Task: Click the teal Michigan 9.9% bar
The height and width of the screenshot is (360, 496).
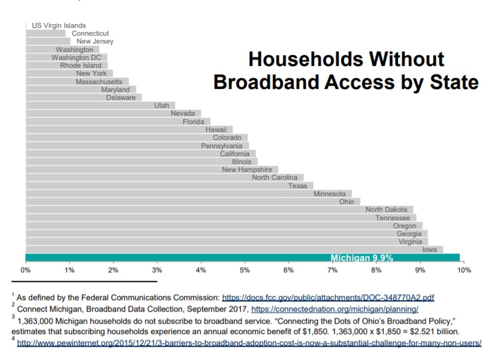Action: click(242, 257)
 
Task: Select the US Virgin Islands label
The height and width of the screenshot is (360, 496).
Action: click(59, 25)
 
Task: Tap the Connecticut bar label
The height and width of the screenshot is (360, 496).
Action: click(90, 33)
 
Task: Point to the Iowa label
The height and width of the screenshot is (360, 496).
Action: click(429, 249)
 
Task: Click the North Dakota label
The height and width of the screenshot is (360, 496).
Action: click(386, 209)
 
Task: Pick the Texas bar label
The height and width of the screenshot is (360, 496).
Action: click(298, 186)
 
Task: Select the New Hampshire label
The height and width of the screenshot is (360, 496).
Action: click(247, 170)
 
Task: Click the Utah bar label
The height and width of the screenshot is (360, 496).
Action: click(162, 105)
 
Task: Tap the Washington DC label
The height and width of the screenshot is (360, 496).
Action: click(76, 57)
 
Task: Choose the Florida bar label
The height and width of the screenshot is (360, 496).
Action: click(194, 122)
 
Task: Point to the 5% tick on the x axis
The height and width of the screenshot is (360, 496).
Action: click(244, 270)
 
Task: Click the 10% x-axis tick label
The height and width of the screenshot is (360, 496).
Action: click(464, 270)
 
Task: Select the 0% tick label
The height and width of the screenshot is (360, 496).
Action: click(25, 270)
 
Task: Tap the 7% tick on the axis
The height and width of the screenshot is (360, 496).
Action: click(332, 270)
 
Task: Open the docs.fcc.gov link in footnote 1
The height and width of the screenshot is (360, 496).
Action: click(328, 298)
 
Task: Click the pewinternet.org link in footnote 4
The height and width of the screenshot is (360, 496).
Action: click(249, 343)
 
